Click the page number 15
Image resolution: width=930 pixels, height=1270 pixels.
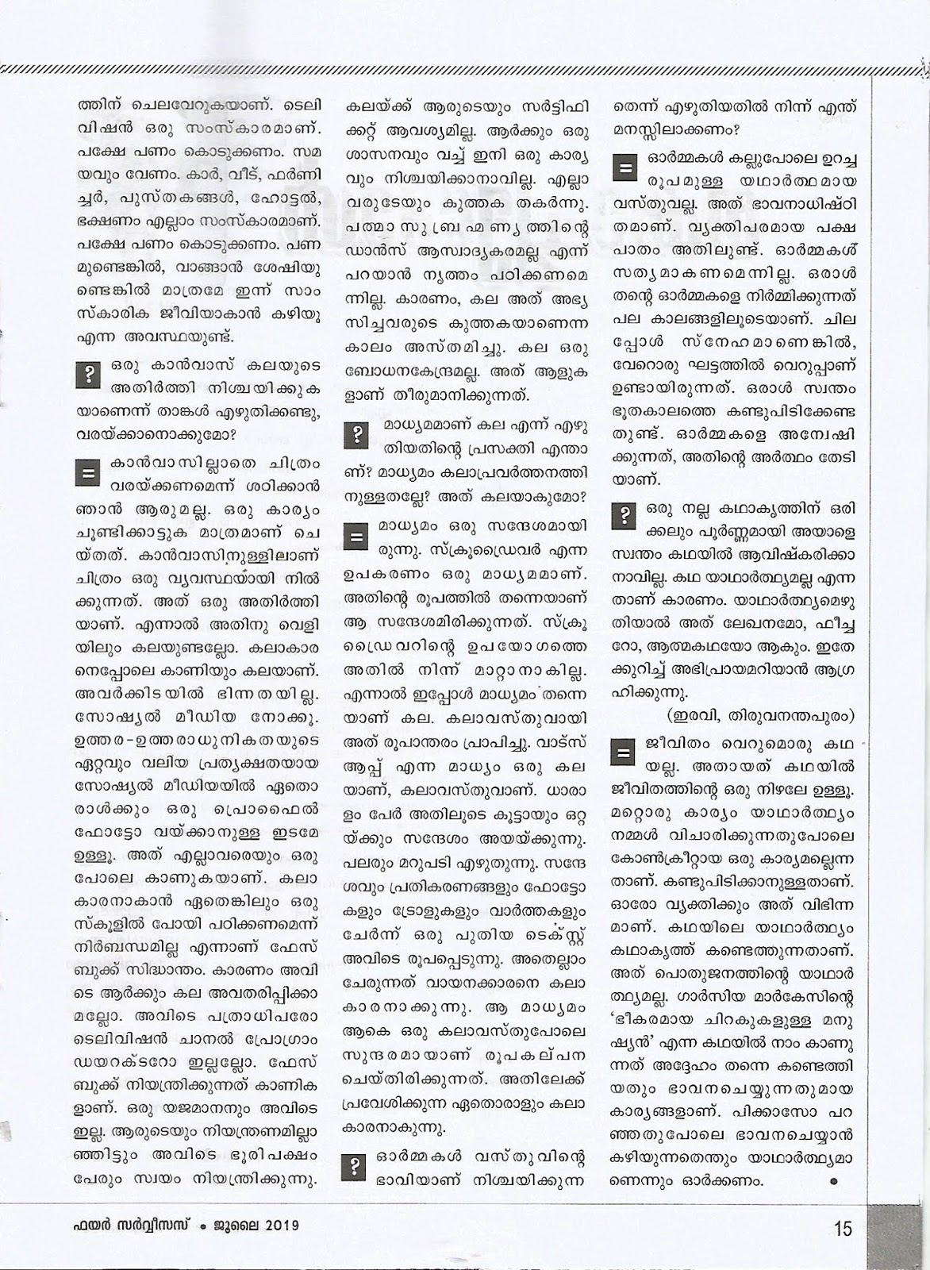[x=842, y=1230]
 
